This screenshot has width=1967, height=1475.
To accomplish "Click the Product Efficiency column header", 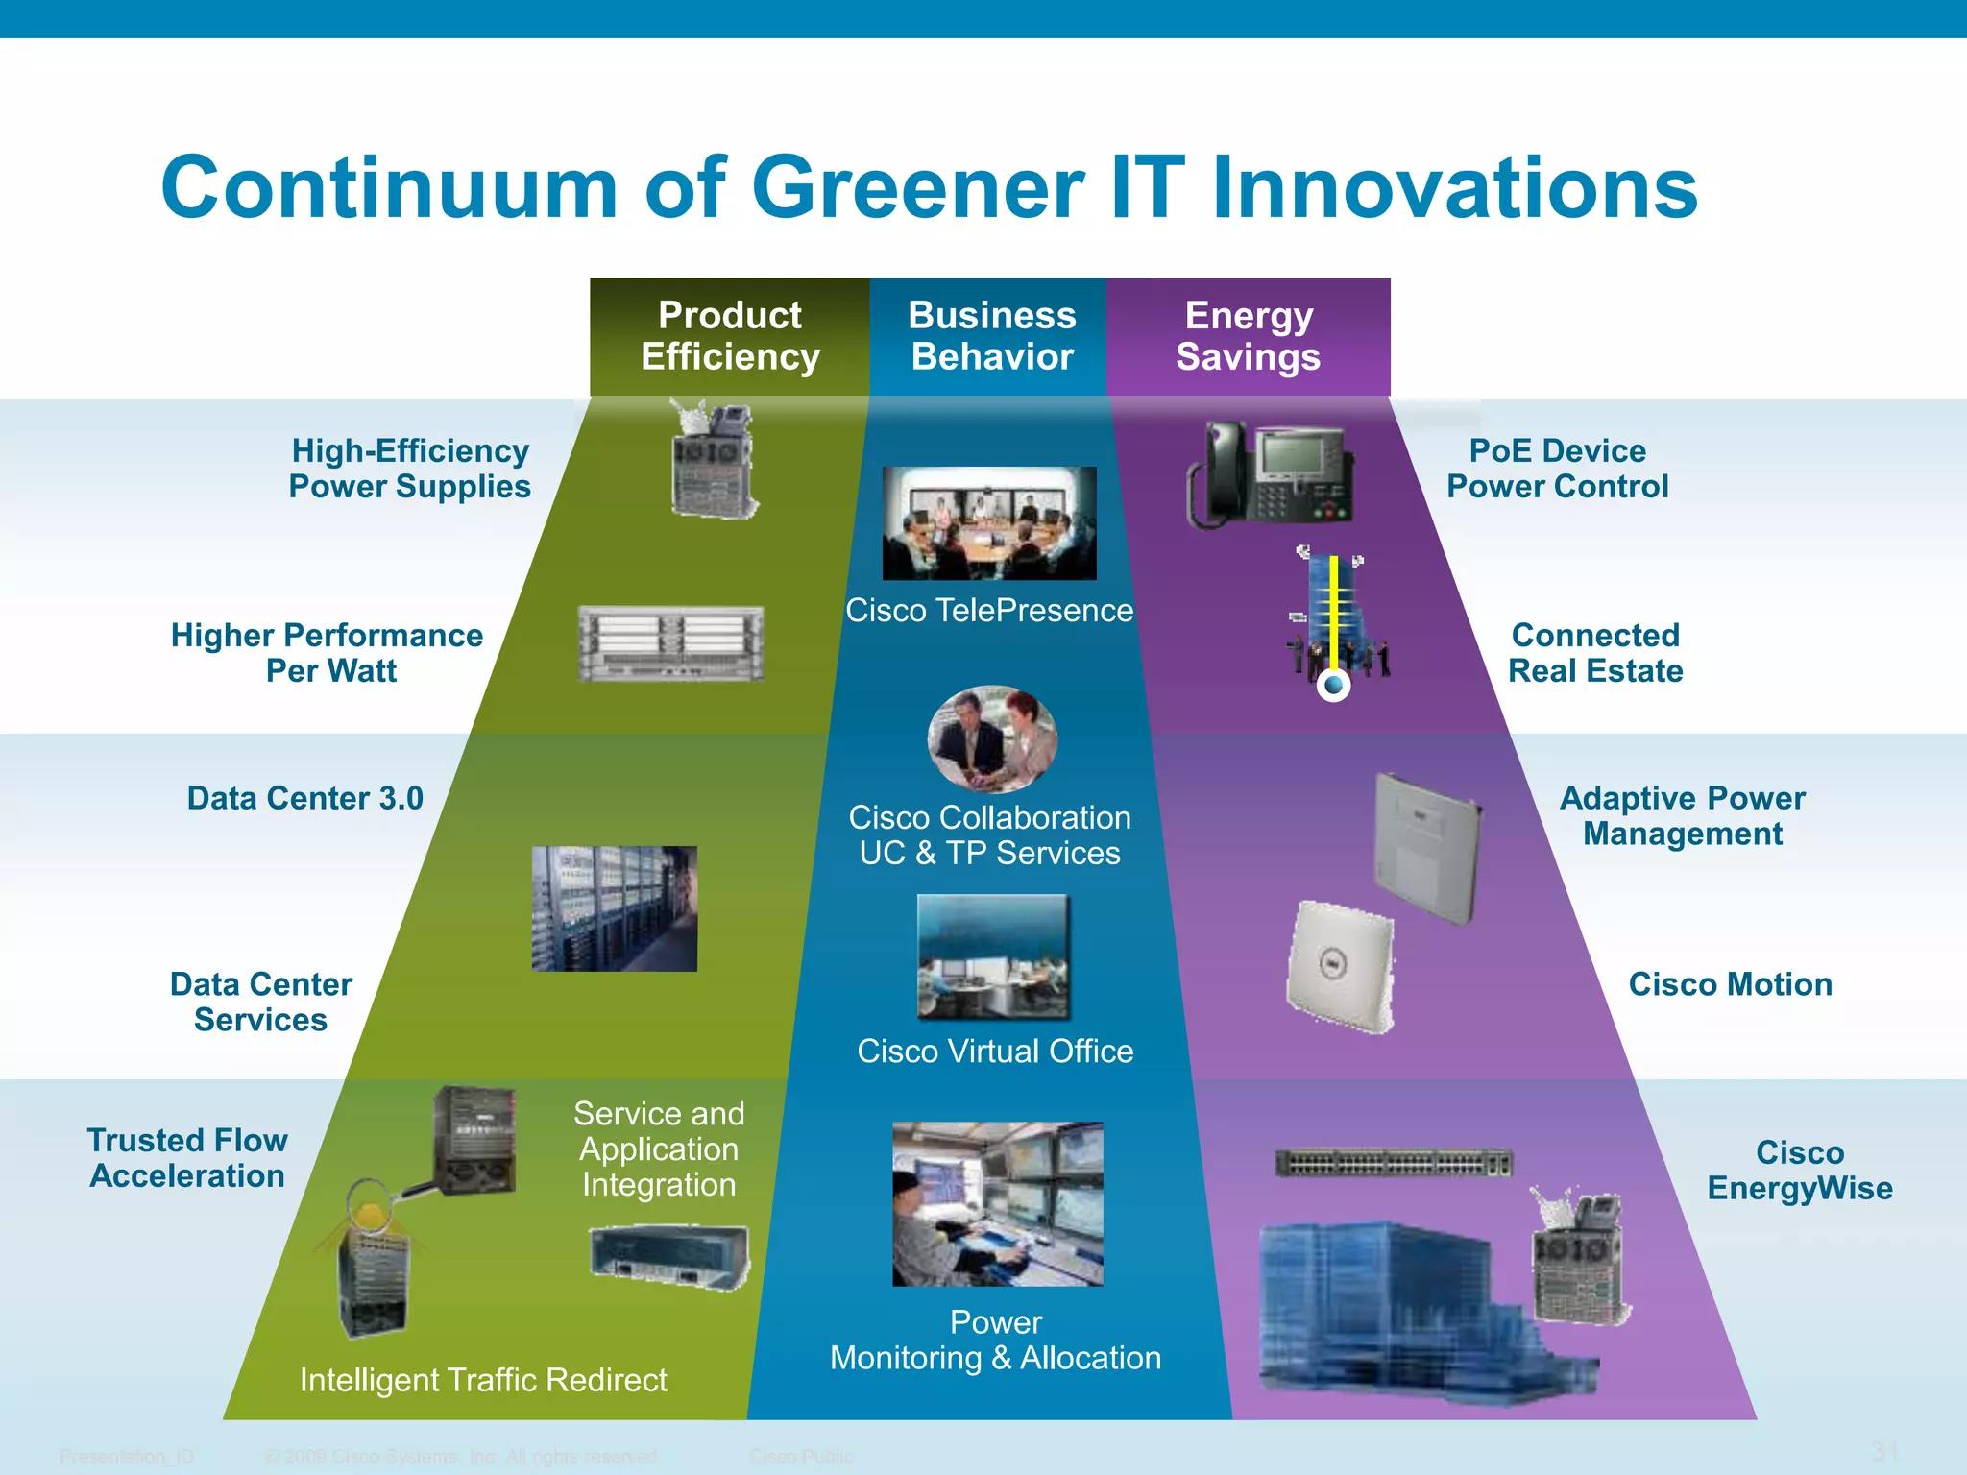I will point(730,336).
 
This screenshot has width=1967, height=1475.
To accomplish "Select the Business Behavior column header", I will point(992,336).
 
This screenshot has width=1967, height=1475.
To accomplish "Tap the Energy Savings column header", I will point(1249,336).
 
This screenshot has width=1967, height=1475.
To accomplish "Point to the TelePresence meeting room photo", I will point(989,523).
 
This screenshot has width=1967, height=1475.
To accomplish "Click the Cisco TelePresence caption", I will point(989,611).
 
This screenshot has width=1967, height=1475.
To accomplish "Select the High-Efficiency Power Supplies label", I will point(410,469).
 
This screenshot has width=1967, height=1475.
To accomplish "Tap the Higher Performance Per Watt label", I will point(328,653).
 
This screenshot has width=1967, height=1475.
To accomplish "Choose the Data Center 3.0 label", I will point(305,798).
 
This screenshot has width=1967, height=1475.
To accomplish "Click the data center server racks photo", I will point(615,908).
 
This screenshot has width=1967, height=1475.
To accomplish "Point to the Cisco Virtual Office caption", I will point(995,1052).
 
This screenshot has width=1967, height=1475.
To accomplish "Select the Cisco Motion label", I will point(1730,984).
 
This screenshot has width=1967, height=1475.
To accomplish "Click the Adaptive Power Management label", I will point(1683,816).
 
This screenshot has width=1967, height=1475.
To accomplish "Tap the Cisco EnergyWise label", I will point(1800,1171).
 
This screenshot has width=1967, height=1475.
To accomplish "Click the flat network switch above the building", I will point(1394,1164).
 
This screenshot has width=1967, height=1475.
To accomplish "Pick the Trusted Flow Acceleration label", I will point(187,1158).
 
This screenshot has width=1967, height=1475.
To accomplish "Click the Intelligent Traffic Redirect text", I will point(483,1380).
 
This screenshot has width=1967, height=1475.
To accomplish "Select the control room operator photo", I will point(998,1204).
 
